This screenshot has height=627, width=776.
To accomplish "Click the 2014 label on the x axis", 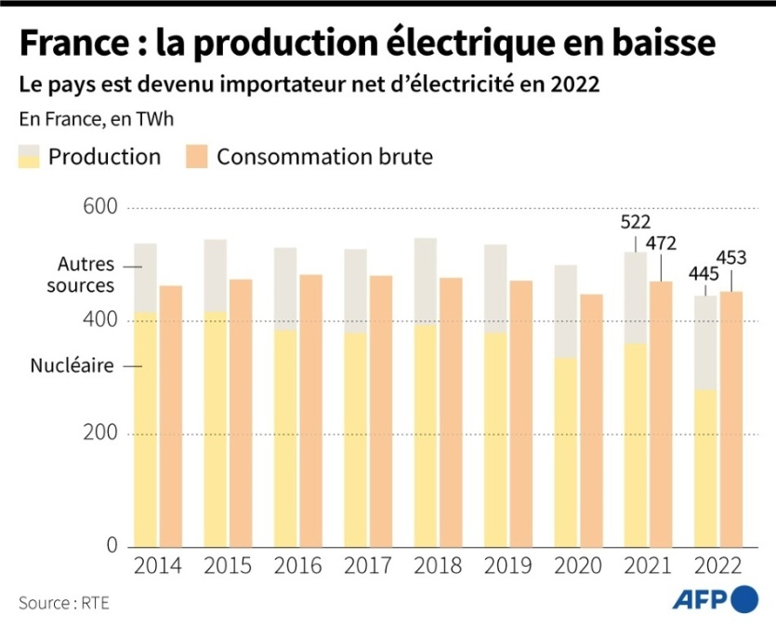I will click(157, 566).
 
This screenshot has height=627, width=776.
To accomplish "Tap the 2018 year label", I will click(438, 566).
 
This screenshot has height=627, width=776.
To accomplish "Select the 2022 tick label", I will click(718, 566).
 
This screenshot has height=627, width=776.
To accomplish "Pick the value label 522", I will click(637, 222).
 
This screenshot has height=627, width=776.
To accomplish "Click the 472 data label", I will click(661, 244).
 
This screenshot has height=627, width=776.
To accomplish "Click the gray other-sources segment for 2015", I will click(216, 275).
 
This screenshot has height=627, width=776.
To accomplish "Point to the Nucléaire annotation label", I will click(72, 366).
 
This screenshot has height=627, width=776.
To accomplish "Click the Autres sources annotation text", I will click(80, 276).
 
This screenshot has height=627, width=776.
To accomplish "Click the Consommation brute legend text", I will click(324, 157).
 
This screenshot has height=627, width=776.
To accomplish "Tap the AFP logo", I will click(715, 599).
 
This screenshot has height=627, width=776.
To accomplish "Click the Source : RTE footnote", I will click(63, 603).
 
